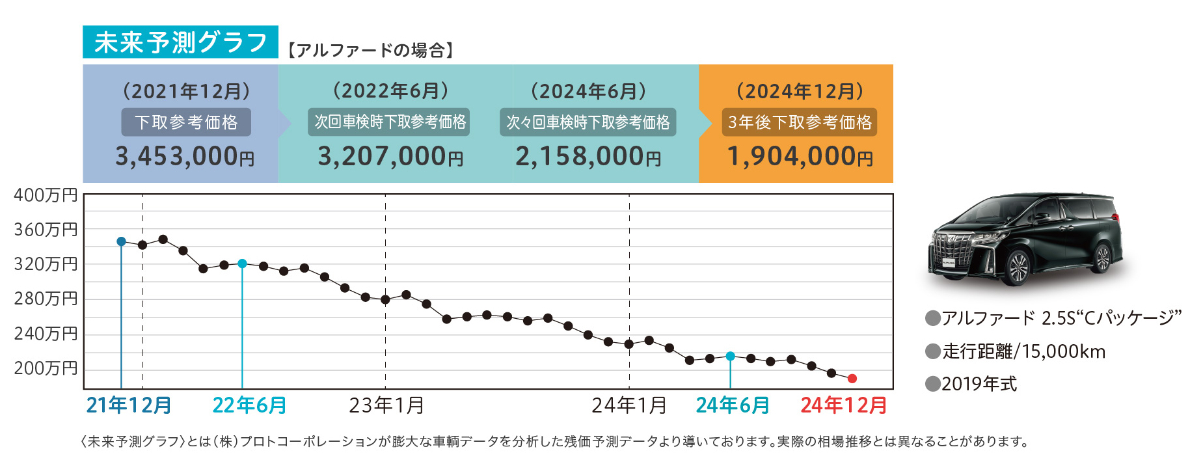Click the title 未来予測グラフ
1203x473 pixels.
(x=180, y=42)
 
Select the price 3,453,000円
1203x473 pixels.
(x=185, y=157)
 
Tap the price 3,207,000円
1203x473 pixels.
(x=390, y=157)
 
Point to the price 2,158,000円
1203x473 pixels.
(x=588, y=157)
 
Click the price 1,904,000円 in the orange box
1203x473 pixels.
(x=800, y=157)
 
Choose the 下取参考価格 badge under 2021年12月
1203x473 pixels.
(x=186, y=122)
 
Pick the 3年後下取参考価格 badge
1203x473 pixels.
(x=800, y=122)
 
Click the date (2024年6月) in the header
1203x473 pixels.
(x=588, y=91)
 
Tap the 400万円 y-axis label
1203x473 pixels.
(x=46, y=195)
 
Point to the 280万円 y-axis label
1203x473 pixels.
(x=46, y=299)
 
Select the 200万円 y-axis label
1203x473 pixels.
(x=46, y=368)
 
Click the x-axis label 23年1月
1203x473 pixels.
(x=386, y=405)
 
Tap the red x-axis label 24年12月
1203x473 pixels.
(x=844, y=405)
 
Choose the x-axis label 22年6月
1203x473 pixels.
(x=249, y=405)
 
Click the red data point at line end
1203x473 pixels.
(x=852, y=379)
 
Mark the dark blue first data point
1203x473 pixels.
(x=121, y=241)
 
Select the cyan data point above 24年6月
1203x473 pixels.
(x=731, y=356)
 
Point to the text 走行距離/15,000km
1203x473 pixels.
(x=1023, y=351)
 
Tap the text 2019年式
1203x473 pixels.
(x=979, y=384)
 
